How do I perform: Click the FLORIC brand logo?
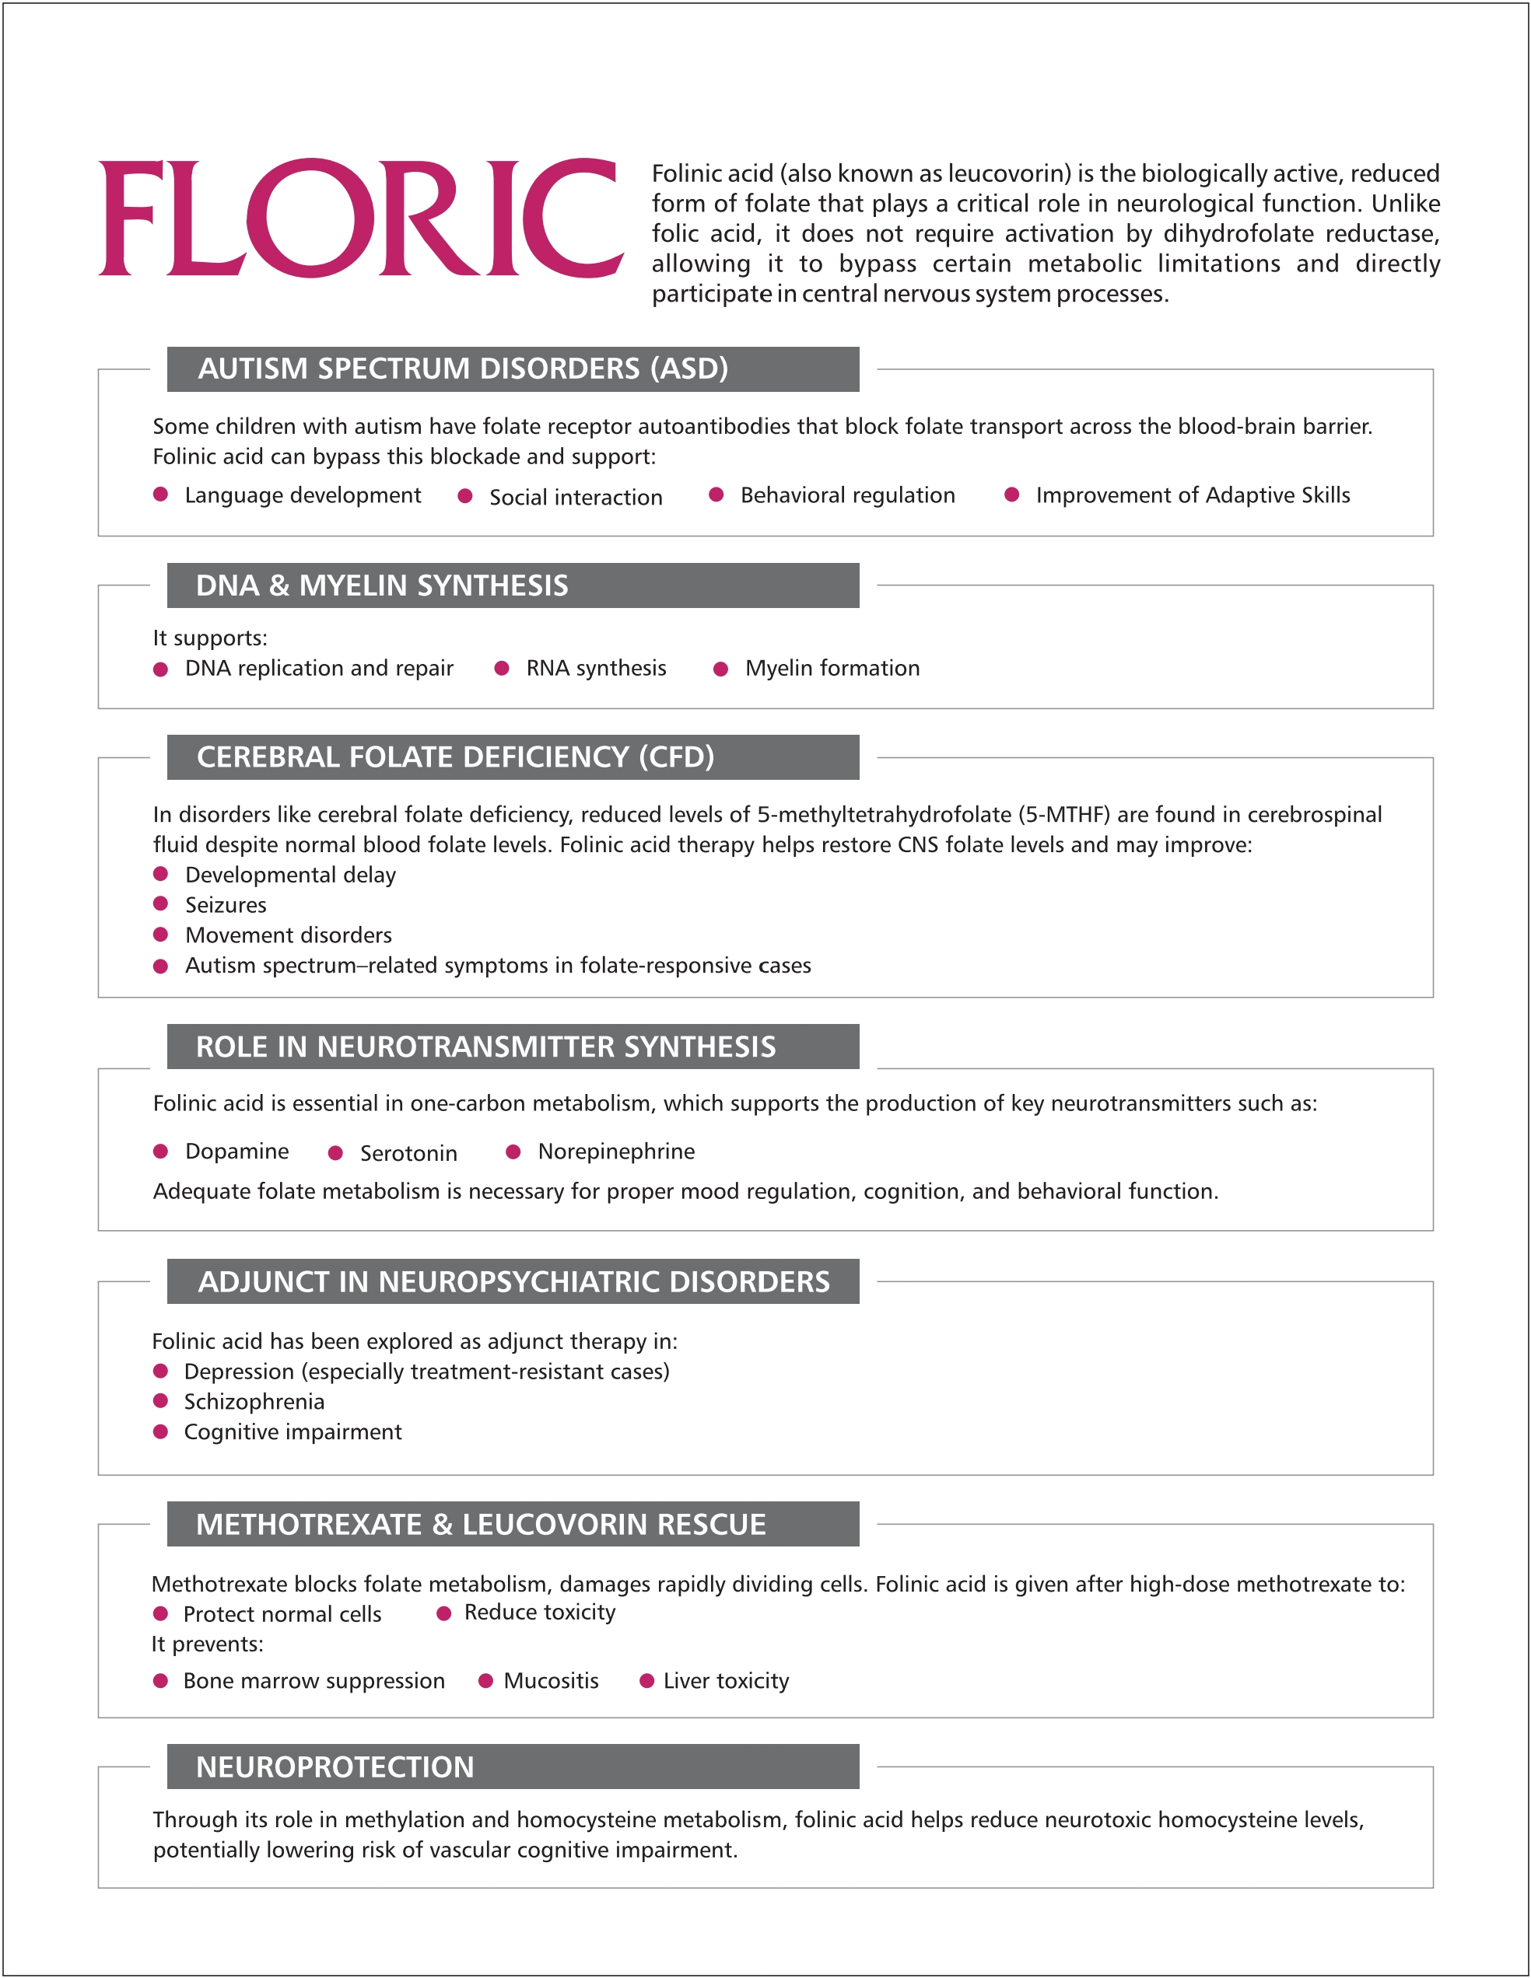click(360, 218)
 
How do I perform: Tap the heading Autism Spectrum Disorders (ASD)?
click(463, 369)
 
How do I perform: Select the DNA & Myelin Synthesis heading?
click(381, 585)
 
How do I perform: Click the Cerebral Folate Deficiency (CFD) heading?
click(455, 757)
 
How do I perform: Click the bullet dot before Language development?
click(160, 494)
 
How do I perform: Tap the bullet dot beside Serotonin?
click(335, 1153)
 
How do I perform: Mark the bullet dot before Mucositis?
click(485, 1681)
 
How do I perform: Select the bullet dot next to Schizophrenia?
click(160, 1401)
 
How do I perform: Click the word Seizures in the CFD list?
click(226, 905)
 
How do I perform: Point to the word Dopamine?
click(236, 1152)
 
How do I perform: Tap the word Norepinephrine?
click(616, 1152)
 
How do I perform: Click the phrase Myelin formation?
click(832, 669)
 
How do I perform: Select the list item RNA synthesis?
click(596, 669)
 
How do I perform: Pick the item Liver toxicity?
click(726, 1681)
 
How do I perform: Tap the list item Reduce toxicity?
click(539, 1612)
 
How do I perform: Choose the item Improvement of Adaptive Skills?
click(1192, 495)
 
